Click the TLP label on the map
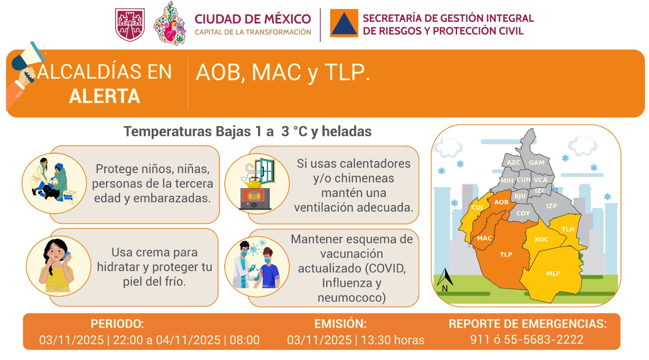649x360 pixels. point(506,255)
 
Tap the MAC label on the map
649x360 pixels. point(484,238)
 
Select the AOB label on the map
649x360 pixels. point(501,202)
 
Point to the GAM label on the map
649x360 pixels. point(536,163)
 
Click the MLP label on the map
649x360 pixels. point(553,274)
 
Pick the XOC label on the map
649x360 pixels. point(541,240)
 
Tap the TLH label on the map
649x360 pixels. point(567,229)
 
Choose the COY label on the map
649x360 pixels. point(523,213)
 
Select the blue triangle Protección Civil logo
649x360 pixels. point(344,24)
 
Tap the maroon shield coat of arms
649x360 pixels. point(130,25)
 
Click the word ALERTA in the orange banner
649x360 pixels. point(105,96)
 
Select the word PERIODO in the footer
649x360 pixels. point(117,324)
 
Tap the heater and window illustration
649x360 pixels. point(257,184)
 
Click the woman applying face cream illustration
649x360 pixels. point(58,266)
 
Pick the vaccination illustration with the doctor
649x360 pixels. point(257,266)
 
